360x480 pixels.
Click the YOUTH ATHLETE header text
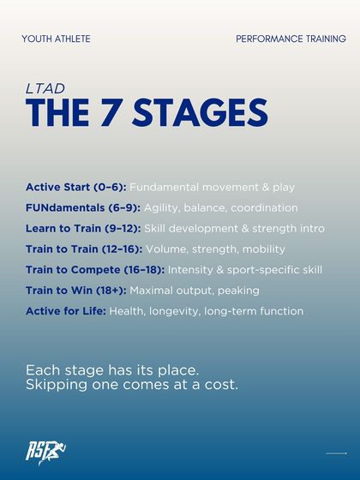coord(56,39)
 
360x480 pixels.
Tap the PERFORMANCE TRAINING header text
coord(291,39)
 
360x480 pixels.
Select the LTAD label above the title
coord(39,87)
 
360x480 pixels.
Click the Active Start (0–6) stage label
coord(76,187)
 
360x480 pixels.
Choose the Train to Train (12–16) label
coord(84,249)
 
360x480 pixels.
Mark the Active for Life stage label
coord(66,310)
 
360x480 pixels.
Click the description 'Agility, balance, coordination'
coord(220,207)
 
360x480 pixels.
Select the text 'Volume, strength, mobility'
coord(216,249)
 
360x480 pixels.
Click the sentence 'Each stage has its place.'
coord(112,370)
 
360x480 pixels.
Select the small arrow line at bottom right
coord(336,453)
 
